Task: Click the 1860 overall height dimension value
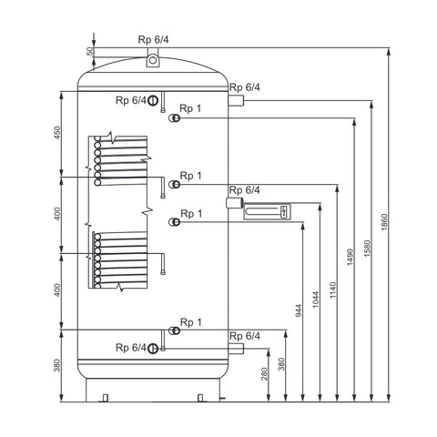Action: click(384, 222)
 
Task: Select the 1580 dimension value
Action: click(367, 249)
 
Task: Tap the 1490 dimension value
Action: click(351, 257)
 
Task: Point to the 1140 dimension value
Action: click(333, 290)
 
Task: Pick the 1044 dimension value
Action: click(316, 300)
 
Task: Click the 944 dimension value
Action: click(299, 310)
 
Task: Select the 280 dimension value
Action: click(264, 373)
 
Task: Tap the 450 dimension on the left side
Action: click(57, 133)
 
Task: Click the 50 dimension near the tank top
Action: click(89, 51)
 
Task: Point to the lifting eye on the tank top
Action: click(153, 60)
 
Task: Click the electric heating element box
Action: click(267, 211)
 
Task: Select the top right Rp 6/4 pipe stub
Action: click(236, 100)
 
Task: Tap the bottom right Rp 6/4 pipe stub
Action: click(236, 349)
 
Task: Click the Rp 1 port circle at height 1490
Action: click(175, 117)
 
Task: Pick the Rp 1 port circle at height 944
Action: click(175, 222)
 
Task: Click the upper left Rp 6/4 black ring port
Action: click(153, 100)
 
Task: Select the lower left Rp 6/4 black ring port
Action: click(153, 349)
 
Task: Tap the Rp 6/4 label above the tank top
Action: click(153, 39)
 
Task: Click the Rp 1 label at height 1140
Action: click(191, 176)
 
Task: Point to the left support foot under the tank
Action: click(106, 398)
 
